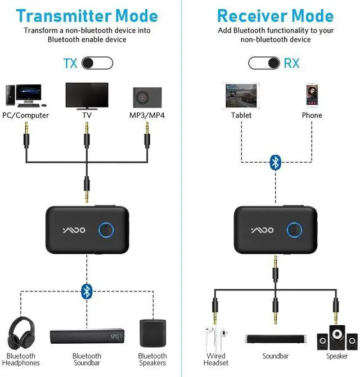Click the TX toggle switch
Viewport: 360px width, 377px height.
(97, 62)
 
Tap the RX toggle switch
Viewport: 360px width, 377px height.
(264, 62)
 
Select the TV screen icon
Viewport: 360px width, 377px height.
(87, 95)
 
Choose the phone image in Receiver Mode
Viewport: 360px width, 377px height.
(312, 95)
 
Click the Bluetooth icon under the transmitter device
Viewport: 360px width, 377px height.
(87, 291)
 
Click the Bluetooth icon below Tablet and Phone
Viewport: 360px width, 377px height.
(274, 162)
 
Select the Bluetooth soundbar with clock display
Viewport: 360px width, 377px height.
(87, 337)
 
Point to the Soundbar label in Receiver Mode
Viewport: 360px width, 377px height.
(275, 356)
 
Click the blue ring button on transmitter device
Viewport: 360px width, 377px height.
(106, 231)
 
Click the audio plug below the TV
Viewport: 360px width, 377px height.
(87, 135)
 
